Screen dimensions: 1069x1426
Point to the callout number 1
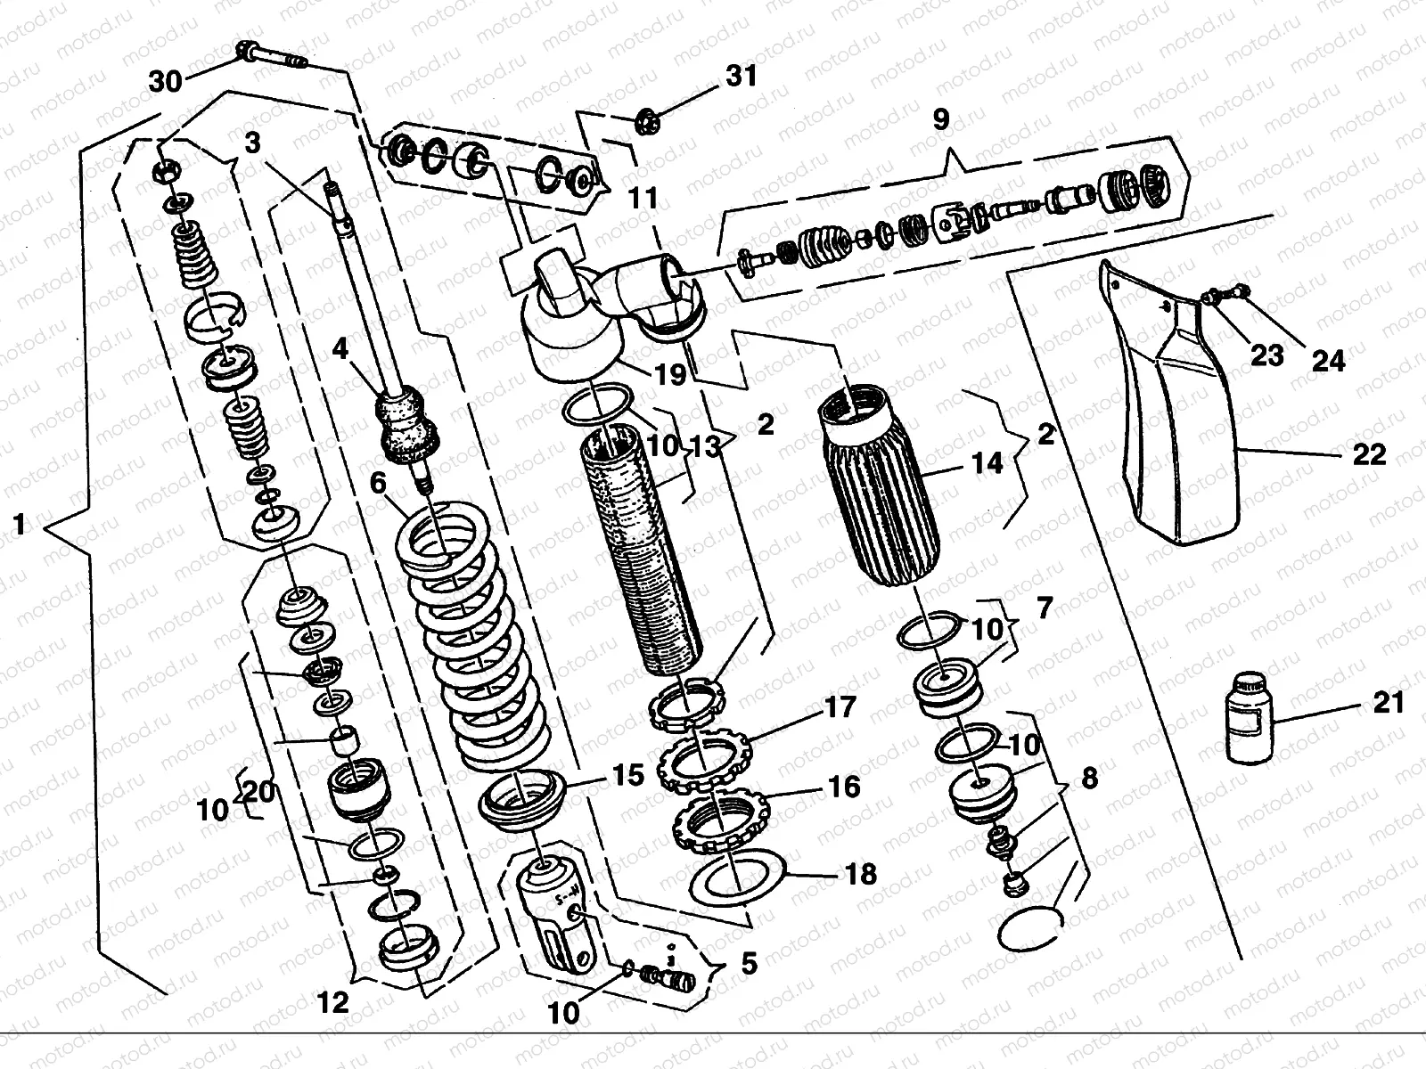20,526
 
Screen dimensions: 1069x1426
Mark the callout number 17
840,707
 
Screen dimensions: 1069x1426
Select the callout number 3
254,143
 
